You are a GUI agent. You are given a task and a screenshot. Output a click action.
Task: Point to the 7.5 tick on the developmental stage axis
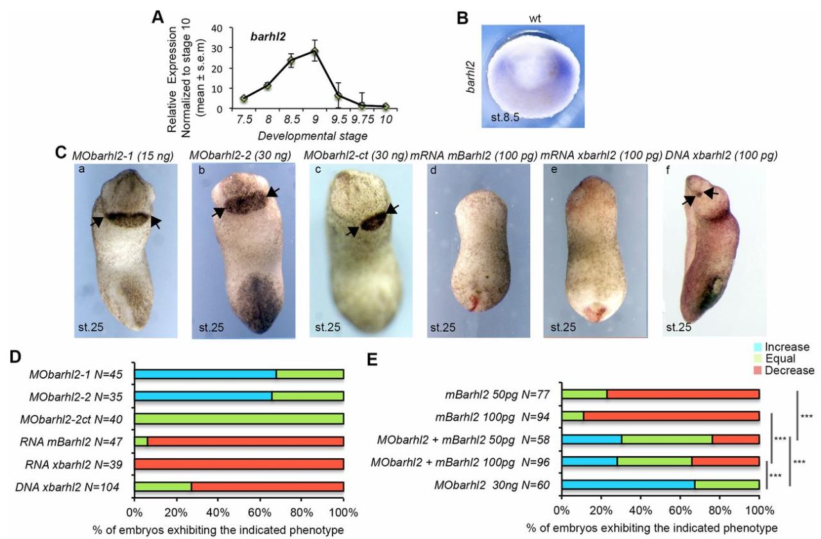click(243, 119)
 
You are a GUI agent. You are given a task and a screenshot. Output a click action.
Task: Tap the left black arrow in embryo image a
click(96, 221)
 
